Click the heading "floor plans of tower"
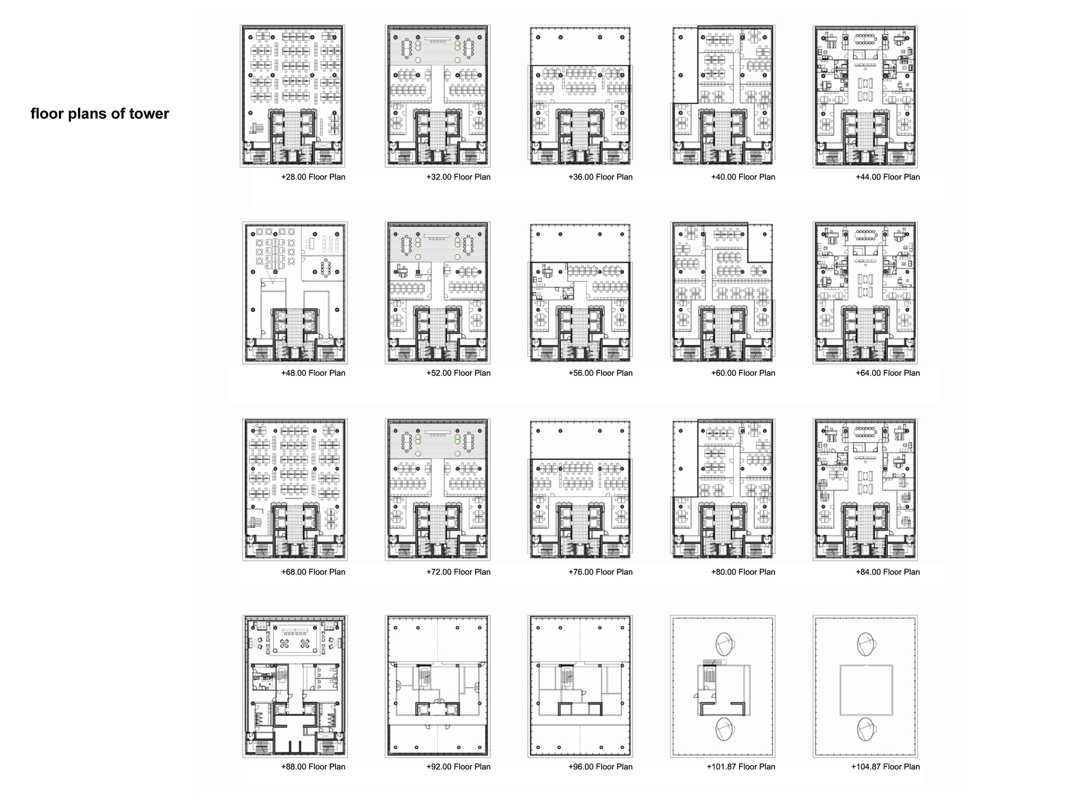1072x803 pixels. coord(100,114)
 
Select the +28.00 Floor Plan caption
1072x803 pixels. coord(313,177)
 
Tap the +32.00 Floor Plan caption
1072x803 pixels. coord(458,177)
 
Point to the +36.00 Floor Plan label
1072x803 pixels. coord(600,177)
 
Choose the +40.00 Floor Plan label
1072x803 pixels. coord(743,177)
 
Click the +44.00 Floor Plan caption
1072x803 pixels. coord(888,177)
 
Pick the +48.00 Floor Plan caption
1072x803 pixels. coord(313,373)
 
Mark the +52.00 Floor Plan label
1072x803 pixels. coord(458,373)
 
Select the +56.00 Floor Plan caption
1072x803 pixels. coord(600,373)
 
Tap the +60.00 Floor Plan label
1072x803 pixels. coord(743,373)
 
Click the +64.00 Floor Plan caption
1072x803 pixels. coord(888,373)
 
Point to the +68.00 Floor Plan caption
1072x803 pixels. coord(313,572)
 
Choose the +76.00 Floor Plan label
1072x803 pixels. coord(600,572)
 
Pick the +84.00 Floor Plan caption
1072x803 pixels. coord(888,572)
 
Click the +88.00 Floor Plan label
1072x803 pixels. coord(313,767)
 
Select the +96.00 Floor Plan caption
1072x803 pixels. coord(600,767)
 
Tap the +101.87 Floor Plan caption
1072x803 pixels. coord(741,767)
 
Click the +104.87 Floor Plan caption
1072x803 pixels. coord(885,767)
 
